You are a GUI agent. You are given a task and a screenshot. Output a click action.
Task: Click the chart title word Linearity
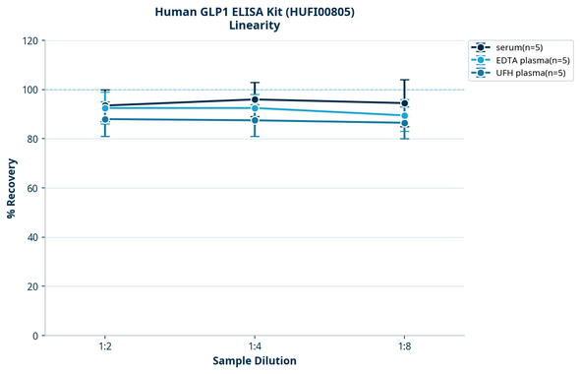coord(255,26)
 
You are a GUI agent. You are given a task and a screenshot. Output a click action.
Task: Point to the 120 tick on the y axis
coord(29,40)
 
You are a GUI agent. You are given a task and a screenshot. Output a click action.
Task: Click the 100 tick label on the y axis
coord(29,90)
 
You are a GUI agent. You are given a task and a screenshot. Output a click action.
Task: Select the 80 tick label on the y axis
coord(32,139)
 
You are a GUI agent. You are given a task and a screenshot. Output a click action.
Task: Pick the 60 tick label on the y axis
coord(32,188)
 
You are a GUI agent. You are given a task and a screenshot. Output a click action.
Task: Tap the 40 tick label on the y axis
coord(32,237)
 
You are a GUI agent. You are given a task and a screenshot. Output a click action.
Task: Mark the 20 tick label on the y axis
coord(32,286)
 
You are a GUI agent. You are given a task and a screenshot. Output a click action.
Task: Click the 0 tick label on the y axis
coord(35,336)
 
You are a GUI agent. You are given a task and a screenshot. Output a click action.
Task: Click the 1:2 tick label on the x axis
coord(105,347)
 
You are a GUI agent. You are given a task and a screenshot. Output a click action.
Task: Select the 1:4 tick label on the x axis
coord(255,347)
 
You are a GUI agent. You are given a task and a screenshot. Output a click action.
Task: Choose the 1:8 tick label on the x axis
coord(404,347)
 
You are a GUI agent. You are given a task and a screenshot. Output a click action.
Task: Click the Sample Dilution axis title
coord(255,361)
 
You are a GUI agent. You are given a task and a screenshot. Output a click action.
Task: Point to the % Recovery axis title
coord(12,188)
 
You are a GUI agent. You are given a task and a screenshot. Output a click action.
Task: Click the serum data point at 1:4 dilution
coord(255,99)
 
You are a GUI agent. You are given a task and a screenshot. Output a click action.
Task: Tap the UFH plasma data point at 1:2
coord(105,119)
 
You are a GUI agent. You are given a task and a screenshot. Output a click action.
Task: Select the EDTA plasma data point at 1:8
coord(404,115)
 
